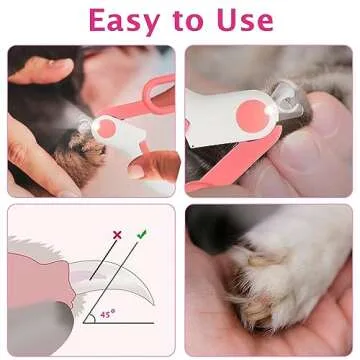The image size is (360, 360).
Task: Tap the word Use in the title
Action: point(235,20)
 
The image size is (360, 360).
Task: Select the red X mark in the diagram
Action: point(117,235)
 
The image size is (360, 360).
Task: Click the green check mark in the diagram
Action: point(141,235)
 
